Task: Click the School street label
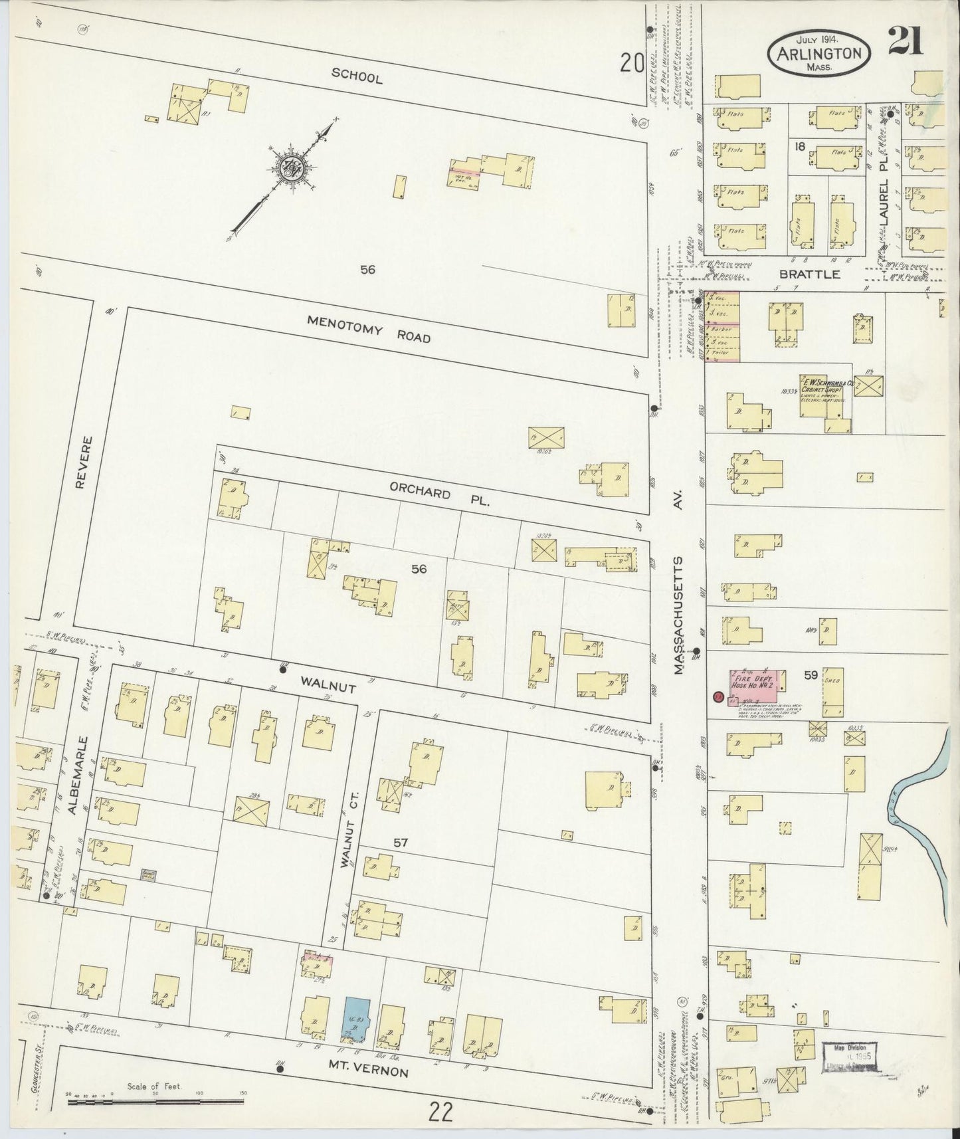[x=357, y=77]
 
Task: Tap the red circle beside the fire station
[x=718, y=697]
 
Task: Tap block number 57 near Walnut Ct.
[x=400, y=843]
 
